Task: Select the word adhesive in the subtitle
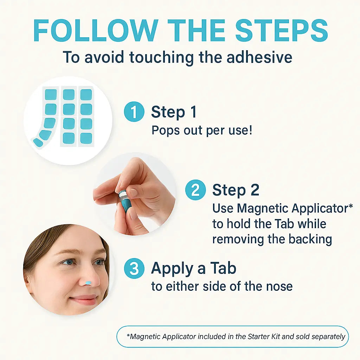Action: pyautogui.click(x=259, y=57)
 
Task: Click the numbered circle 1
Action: pyautogui.click(x=134, y=112)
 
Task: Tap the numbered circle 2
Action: pyautogui.click(x=195, y=190)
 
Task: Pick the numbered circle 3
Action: pyautogui.click(x=134, y=269)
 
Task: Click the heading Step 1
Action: pyautogui.click(x=174, y=112)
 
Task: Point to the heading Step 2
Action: pyautogui.click(x=236, y=190)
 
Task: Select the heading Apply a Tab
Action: pyautogui.click(x=193, y=269)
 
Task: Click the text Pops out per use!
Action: pyautogui.click(x=201, y=130)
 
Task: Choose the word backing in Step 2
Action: pyautogui.click(x=310, y=239)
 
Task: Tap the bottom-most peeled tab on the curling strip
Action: pyautogui.click(x=38, y=142)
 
